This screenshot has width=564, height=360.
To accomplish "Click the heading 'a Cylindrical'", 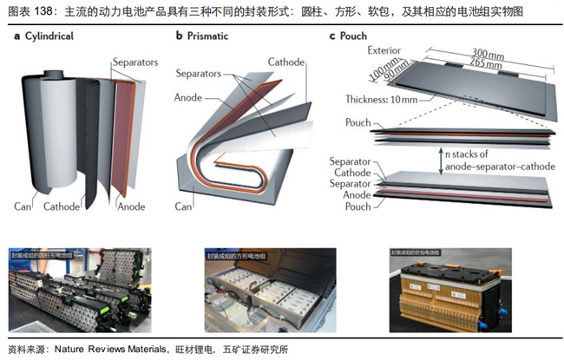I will tap(44, 36).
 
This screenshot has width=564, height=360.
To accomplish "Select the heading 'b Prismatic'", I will tap(207, 36).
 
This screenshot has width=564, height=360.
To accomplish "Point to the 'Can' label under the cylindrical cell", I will tap(23, 206).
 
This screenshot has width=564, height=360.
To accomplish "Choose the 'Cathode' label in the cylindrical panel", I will tap(65, 206).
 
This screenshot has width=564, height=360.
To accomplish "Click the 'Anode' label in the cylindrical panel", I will tap(130, 206).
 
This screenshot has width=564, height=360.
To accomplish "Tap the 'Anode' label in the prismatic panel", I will tap(188, 95).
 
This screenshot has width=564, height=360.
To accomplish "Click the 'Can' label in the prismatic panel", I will tap(182, 206).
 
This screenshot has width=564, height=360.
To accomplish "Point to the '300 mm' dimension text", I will tap(483, 54).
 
